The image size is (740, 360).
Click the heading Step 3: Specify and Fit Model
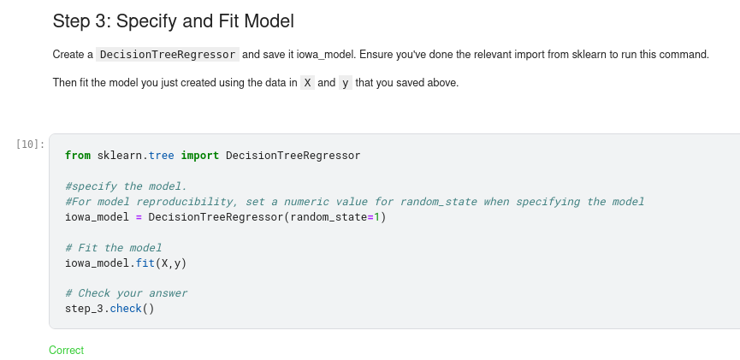173,21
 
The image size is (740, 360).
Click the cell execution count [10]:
30,144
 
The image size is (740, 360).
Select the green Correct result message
66,350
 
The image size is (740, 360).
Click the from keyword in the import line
78,156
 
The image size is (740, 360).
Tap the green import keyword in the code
199,156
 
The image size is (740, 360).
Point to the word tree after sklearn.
161,156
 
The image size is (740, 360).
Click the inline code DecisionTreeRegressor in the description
168,55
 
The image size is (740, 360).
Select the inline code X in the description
308,83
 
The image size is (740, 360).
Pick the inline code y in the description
345,83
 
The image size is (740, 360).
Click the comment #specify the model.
126,186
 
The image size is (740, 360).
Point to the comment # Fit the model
113,248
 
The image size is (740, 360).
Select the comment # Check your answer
126,293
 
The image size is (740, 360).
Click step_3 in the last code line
84,309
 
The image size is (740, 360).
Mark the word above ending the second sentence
443,83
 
